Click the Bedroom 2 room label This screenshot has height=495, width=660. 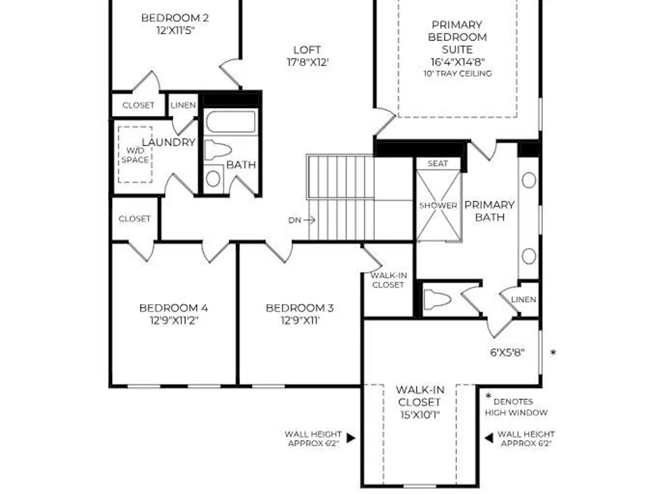175,18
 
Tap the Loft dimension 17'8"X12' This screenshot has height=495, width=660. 308,62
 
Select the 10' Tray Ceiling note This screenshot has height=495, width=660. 457,73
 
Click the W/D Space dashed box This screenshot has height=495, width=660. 135,154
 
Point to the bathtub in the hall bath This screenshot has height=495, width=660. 230,121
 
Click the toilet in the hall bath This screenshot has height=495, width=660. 218,150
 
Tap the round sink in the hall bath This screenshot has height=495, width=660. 213,178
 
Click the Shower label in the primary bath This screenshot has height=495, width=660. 438,205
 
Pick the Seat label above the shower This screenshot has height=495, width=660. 438,163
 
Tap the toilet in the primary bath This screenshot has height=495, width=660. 437,300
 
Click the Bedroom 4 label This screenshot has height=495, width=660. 174,308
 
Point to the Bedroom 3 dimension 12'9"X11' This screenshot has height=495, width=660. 300,321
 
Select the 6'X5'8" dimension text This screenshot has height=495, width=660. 507,352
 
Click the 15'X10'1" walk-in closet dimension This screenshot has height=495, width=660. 420,415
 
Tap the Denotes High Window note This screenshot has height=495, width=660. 517,407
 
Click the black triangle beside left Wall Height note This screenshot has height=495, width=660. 351,438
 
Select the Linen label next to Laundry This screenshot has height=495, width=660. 183,105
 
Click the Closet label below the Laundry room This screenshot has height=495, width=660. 134,219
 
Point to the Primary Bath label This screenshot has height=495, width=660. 490,211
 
